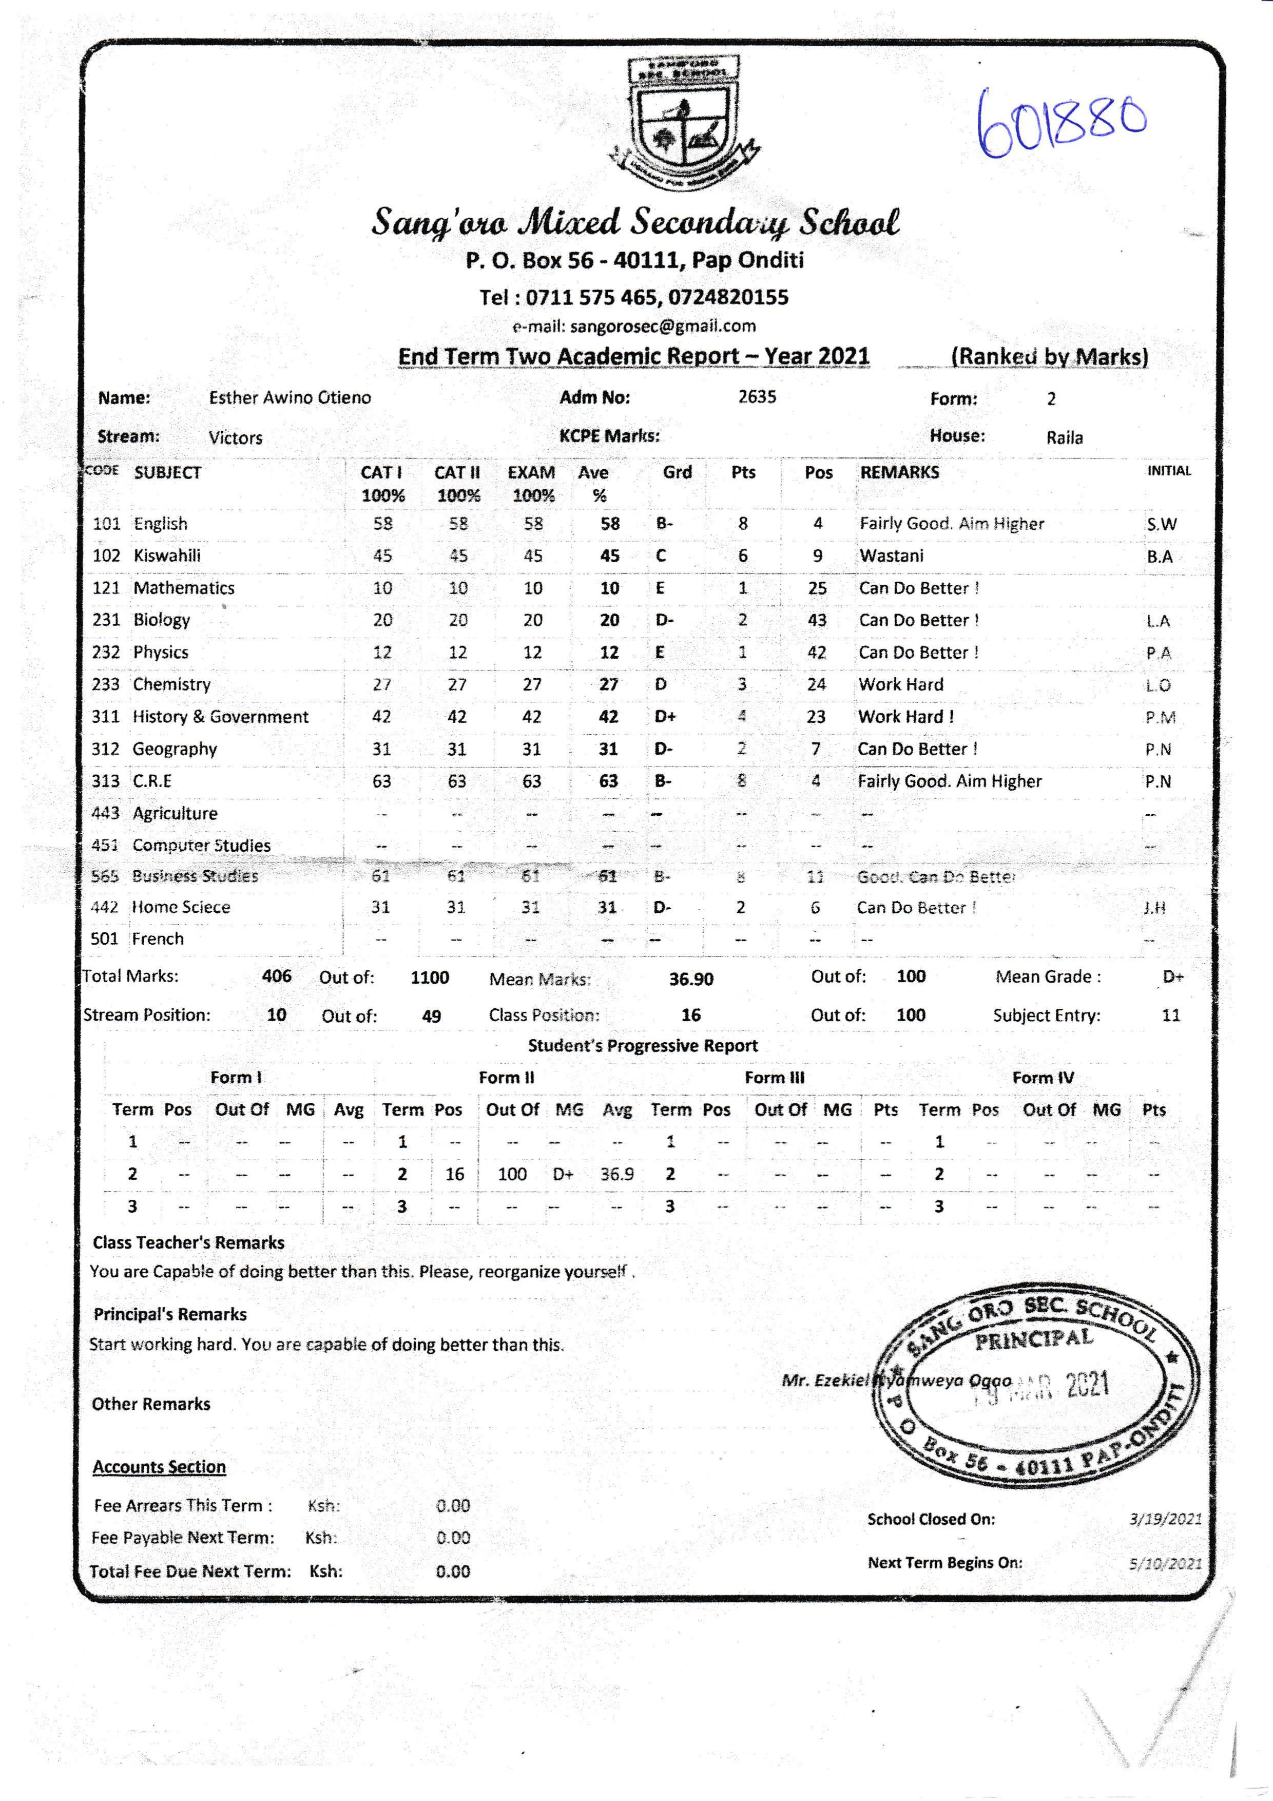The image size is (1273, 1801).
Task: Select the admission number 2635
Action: pos(757,397)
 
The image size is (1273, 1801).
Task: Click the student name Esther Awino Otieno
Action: pos(290,398)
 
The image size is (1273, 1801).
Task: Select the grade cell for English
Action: pos(664,524)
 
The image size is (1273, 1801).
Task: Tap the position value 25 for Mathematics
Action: pos(817,588)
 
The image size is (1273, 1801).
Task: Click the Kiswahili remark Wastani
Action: pos(891,556)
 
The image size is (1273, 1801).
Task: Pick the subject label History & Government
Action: pos(220,717)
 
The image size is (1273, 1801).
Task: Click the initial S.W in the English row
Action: pos(1161,525)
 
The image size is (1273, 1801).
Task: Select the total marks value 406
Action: pos(276,976)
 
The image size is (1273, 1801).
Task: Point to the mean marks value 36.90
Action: pos(691,980)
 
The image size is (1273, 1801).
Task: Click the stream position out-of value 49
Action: pos(431,1017)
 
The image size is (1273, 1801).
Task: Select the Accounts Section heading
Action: pos(159,1467)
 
